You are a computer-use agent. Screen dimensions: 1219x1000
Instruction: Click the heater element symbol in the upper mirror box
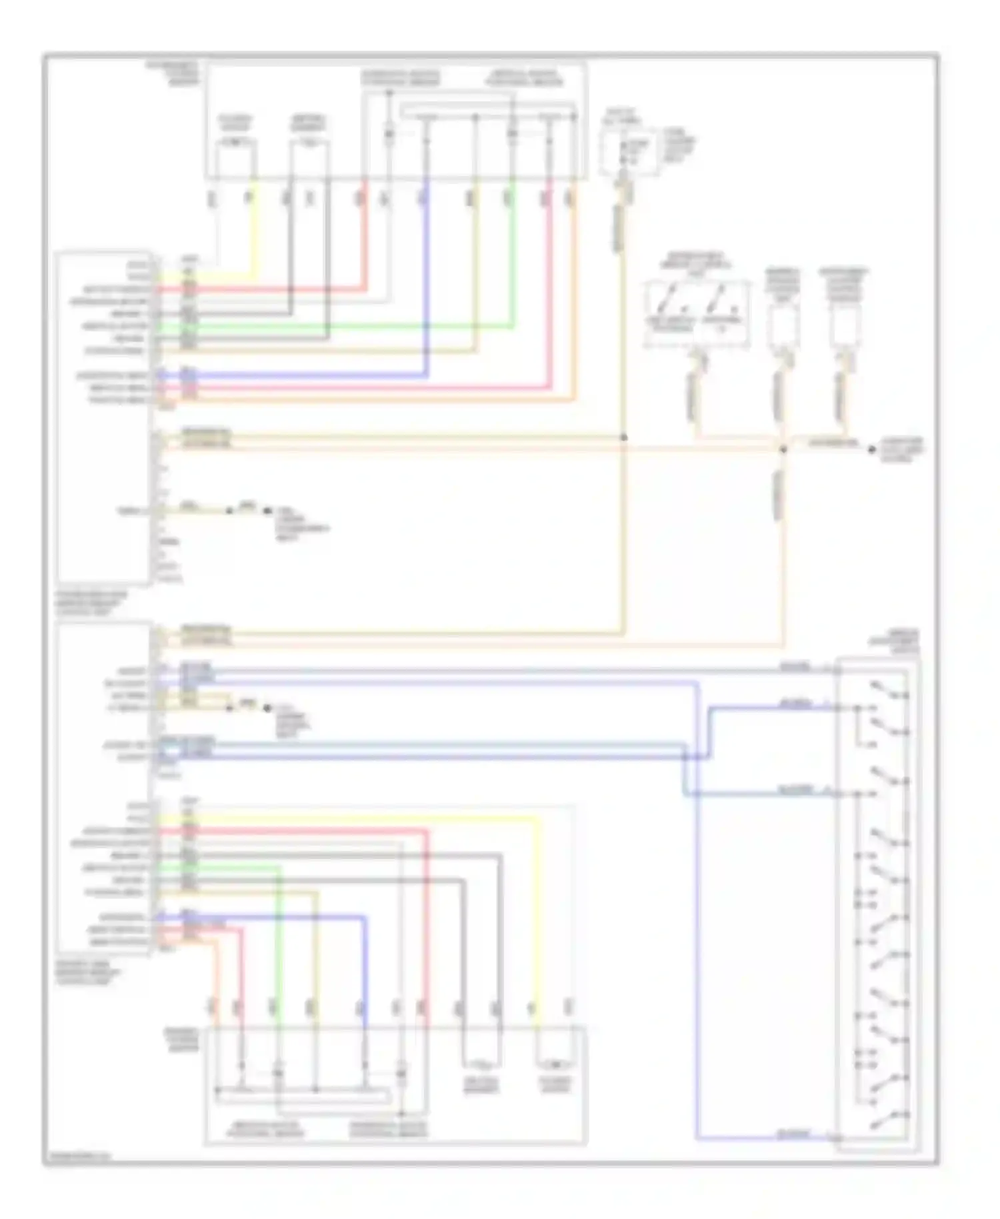point(309,143)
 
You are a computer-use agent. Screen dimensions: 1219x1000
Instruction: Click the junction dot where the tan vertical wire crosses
point(624,437)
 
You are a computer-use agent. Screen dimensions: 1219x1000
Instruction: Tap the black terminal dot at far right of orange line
point(871,449)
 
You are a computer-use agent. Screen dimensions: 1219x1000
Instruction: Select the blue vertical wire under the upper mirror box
point(426,280)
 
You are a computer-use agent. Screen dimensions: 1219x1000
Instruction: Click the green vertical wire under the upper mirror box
point(512,267)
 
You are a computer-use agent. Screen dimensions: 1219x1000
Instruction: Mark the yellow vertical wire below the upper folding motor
point(254,227)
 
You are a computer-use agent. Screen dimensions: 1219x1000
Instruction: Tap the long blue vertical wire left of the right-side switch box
point(697,934)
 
